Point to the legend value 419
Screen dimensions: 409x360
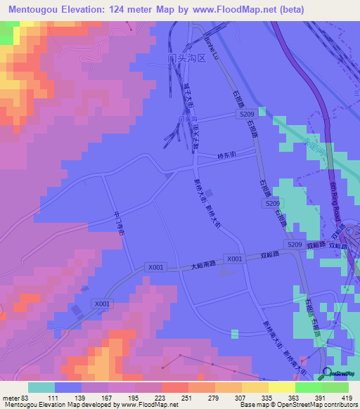pyautogui.click(x=347, y=398)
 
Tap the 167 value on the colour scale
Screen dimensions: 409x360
pyautogui.click(x=106, y=398)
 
